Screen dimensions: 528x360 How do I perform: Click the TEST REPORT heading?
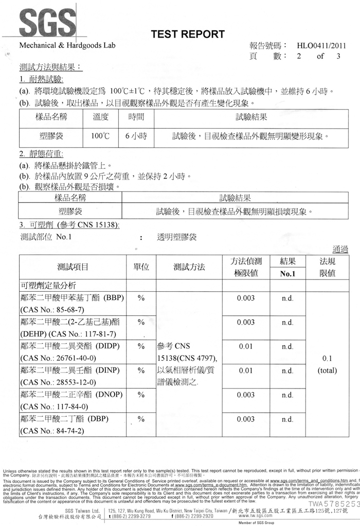[x=187, y=34]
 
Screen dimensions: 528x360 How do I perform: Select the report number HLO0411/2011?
[x=318, y=45]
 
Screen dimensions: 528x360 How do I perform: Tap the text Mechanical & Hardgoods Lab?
[x=67, y=45]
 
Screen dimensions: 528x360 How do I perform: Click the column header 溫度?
[x=101, y=117]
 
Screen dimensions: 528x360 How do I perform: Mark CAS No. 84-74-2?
[x=51, y=431]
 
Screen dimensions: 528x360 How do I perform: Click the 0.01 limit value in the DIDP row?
[x=246, y=346]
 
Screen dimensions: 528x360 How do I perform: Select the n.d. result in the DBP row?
[x=288, y=419]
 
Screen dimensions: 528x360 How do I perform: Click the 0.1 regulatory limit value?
[x=327, y=358]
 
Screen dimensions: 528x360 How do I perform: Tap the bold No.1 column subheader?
[x=288, y=274]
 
